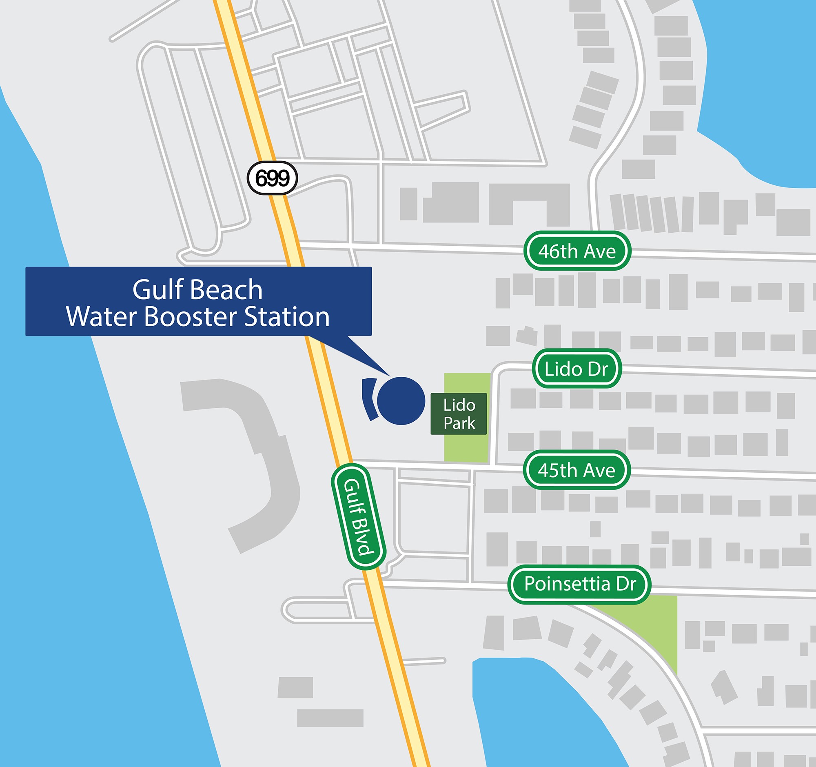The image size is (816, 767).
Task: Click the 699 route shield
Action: point(272,178)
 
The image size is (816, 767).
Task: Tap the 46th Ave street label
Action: point(577,251)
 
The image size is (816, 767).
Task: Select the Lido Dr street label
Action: point(577,368)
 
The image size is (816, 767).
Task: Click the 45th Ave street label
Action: point(576,470)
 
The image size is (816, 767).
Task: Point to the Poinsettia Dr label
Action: point(580,583)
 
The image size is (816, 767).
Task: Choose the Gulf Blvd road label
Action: point(358,516)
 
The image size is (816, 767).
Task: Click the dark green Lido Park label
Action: point(459,414)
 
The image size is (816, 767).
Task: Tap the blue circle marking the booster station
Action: point(401,400)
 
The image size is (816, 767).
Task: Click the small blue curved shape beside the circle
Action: point(369,399)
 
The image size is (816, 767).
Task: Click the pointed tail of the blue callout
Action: point(369,357)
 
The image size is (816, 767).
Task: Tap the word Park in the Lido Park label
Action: point(459,423)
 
